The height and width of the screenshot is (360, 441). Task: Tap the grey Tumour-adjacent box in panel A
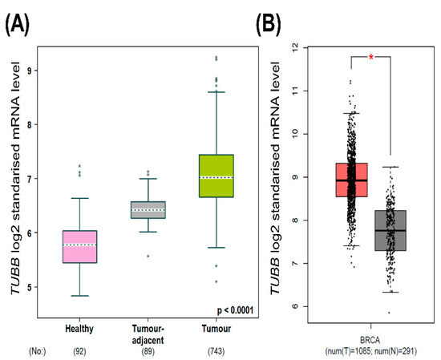click(147, 209)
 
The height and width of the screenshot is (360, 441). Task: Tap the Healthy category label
click(80, 327)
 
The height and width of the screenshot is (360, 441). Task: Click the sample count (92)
click(80, 350)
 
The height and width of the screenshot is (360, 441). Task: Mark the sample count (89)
click(147, 350)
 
